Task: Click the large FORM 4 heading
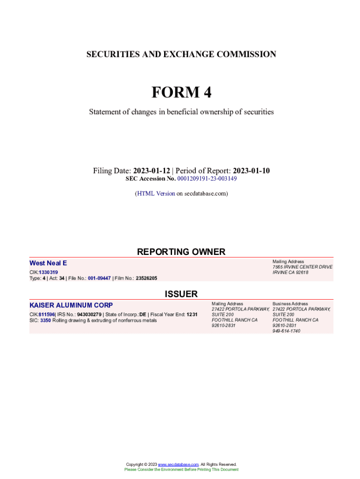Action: [181, 93]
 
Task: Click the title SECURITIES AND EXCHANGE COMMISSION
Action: [181, 54]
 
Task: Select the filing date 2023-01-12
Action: [151, 171]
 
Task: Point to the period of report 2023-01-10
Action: [251, 171]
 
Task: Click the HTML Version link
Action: [156, 193]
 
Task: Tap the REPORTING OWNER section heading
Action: [181, 252]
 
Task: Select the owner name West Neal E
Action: [48, 263]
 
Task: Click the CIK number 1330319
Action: [48, 272]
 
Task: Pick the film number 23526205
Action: [146, 278]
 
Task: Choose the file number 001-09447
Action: [99, 278]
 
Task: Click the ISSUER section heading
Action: [181, 294]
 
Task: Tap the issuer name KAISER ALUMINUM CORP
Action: [71, 305]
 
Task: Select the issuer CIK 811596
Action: [47, 314]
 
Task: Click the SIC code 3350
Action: [45, 320]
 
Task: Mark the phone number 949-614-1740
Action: [286, 331]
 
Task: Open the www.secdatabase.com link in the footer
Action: [179, 464]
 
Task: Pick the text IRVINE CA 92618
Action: [290, 273]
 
